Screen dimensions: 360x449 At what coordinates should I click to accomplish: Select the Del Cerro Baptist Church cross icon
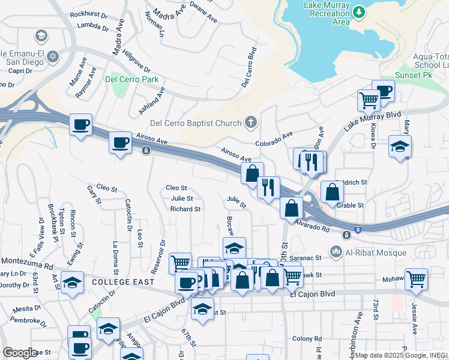pos(252,124)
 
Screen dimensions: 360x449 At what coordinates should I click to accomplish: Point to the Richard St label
pos(185,209)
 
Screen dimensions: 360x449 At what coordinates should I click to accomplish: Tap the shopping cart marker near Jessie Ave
pos(416,278)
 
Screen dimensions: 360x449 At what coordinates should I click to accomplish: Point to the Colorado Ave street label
pos(273,143)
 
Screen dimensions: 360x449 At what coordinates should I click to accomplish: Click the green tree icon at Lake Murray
pos(358,11)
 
